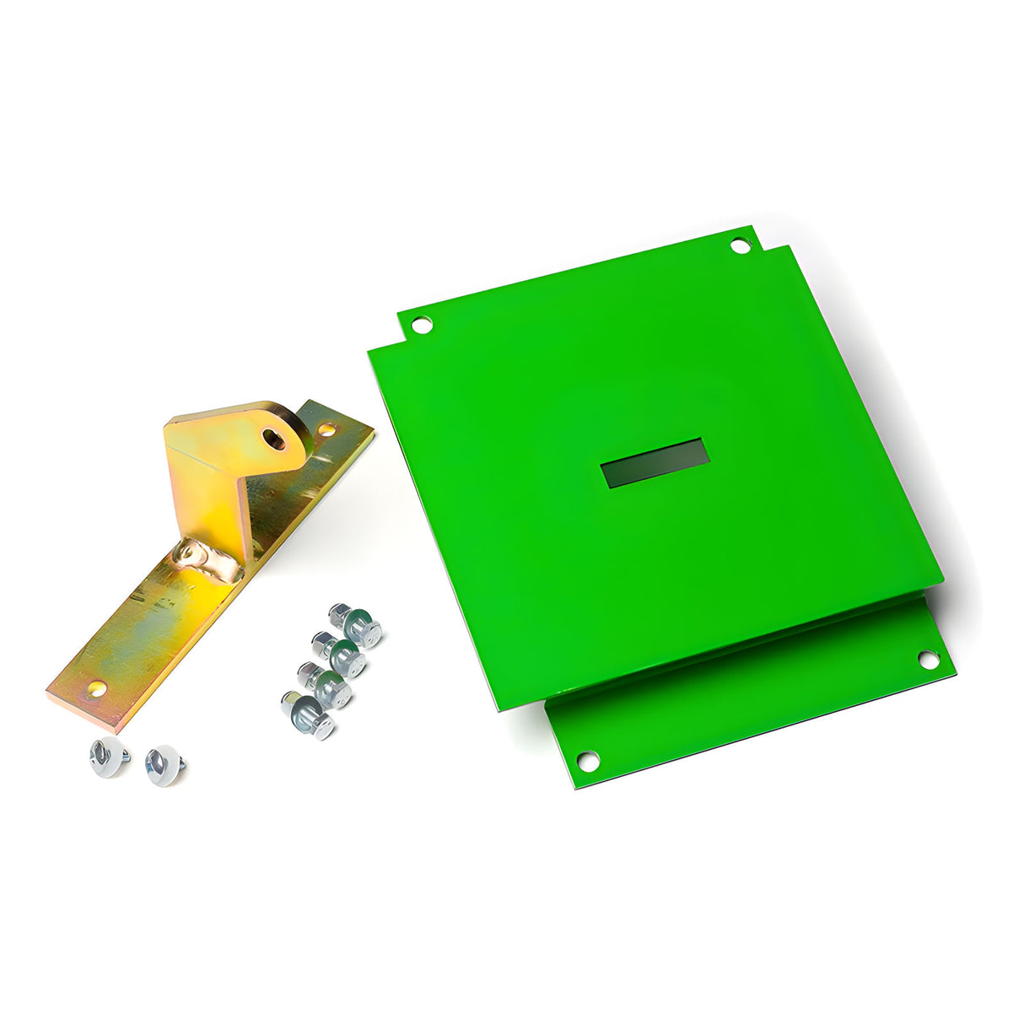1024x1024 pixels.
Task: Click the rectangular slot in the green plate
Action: (655, 463)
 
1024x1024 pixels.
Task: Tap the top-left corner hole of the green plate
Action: (422, 323)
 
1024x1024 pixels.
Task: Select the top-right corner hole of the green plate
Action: (740, 245)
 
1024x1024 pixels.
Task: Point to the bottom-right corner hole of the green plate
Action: (928, 660)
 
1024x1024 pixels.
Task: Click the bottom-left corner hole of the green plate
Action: (588, 760)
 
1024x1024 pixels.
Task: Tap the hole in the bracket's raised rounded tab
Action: (274, 438)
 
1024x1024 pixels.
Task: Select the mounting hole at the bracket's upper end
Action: (326, 429)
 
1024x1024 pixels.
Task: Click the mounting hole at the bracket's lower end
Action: (98, 687)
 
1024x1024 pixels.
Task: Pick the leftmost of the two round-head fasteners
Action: (108, 756)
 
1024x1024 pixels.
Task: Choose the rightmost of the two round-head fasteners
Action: (164, 765)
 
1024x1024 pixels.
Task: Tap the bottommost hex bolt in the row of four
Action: (308, 715)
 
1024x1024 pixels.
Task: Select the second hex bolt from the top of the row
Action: (339, 655)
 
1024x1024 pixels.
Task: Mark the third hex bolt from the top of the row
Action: (326, 685)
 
